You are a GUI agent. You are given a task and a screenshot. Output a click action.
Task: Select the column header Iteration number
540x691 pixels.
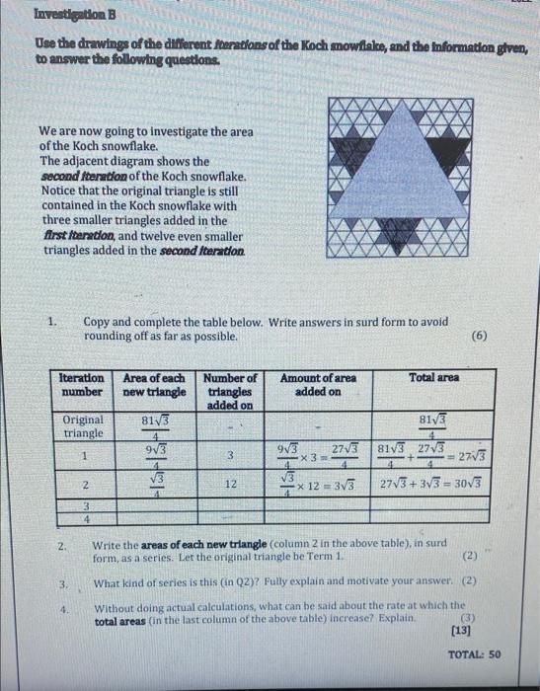tap(83, 384)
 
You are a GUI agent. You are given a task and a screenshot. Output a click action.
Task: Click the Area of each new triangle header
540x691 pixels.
tap(153, 384)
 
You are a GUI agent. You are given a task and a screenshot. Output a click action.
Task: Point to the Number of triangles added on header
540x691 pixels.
tap(229, 390)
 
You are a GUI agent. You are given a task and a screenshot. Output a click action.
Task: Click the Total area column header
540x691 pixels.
tap(433, 377)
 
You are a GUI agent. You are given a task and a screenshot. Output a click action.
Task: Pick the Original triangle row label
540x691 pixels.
tap(83, 425)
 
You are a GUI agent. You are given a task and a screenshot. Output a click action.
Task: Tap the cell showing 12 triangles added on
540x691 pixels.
tap(230, 485)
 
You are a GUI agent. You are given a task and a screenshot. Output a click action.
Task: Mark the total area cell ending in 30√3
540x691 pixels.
tap(433, 485)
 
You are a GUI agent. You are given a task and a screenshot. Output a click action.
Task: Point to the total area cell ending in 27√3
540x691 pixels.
tap(433, 454)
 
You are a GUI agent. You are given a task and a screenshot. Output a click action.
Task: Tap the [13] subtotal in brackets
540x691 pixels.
tap(460, 630)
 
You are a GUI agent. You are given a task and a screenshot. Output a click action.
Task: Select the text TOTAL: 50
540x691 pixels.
tap(474, 654)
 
